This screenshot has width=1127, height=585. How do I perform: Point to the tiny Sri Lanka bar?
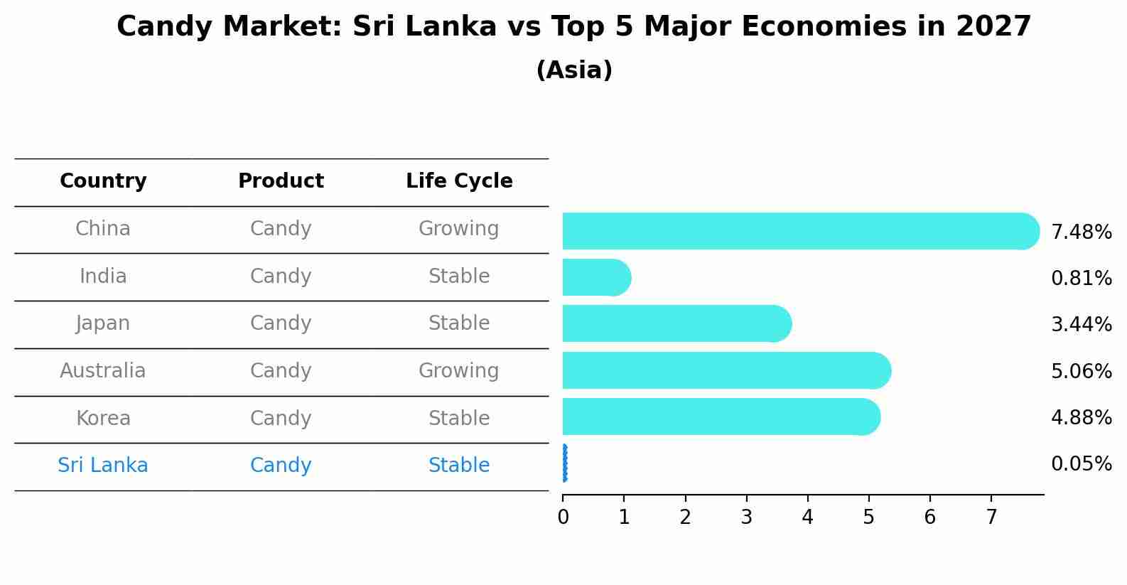565,463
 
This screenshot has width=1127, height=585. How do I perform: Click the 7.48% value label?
1081,232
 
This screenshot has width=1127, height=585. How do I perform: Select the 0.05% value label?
1081,464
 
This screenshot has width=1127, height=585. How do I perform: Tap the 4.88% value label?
1081,417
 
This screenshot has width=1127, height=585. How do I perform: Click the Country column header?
103,181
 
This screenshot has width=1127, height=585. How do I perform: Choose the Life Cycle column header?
459,181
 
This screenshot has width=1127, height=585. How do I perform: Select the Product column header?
281,181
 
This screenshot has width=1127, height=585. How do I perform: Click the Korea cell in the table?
103,418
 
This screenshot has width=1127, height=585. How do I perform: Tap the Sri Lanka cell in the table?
103,466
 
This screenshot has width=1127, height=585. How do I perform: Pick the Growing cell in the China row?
458,229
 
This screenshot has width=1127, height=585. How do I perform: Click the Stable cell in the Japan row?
458,323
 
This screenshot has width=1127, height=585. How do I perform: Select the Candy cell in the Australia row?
281,371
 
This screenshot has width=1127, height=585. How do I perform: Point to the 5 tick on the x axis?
868,517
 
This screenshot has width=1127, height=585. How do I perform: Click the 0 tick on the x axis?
563,517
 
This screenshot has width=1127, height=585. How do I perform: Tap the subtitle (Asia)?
574,70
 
